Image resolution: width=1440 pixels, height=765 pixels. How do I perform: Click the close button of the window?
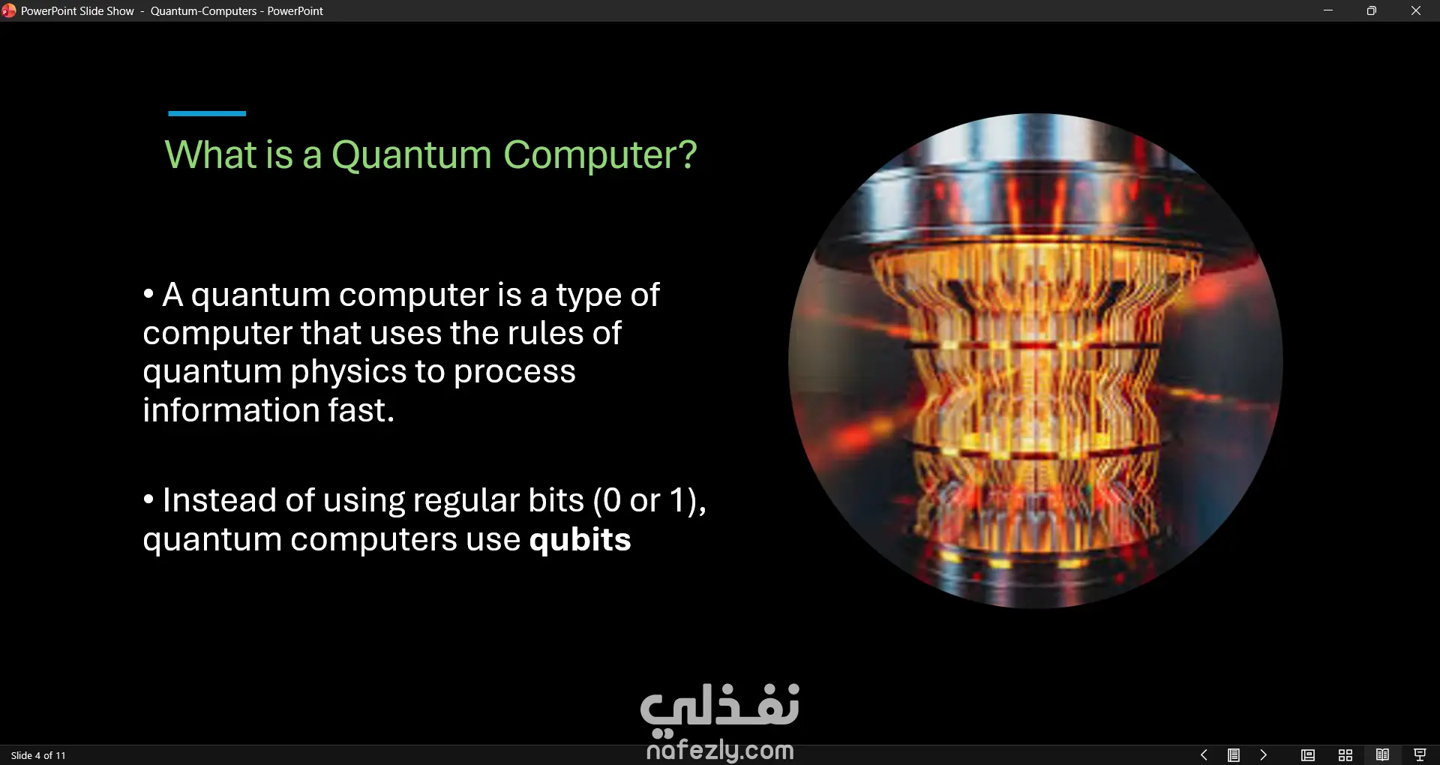coord(1416,10)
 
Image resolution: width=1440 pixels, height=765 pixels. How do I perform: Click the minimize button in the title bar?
coord(1328,10)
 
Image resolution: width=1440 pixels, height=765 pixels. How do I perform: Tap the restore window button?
coord(1372,10)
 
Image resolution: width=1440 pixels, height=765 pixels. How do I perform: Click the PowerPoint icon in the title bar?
coord(8,10)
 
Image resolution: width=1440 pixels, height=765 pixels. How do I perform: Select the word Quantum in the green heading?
coord(412,155)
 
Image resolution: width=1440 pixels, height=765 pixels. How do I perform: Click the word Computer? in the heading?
coord(600,155)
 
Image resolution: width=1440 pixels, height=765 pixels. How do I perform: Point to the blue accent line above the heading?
coord(207,113)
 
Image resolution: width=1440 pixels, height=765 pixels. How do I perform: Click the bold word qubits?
coord(580,539)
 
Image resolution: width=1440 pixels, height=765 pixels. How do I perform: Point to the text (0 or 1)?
coord(649,501)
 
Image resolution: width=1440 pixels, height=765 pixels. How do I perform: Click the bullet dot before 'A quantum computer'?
coord(148,294)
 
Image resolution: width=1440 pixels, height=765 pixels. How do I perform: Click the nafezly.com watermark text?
coord(720,749)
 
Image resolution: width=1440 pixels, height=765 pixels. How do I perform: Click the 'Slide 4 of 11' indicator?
coord(38,755)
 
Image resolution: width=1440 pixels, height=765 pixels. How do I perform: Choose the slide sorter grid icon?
coord(1345,755)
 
